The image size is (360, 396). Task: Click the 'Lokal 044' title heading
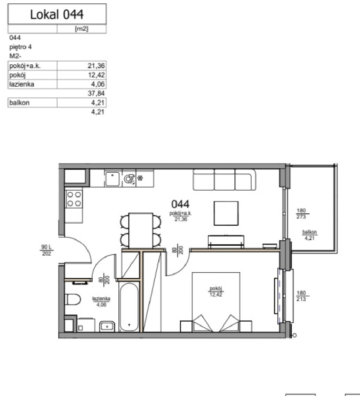57,14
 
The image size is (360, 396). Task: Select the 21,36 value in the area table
96,66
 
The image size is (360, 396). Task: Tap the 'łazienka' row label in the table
22,84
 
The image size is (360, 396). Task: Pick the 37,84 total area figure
96,94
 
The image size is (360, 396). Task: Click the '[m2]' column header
82,29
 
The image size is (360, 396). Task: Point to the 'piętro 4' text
20,47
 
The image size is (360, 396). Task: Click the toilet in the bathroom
73,300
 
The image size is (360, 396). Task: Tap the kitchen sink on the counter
113,178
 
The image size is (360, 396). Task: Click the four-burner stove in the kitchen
74,199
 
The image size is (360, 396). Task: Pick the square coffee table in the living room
226,213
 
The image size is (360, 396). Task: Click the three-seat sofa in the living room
224,179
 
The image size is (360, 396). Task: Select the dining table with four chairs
140,230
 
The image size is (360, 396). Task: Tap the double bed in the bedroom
216,302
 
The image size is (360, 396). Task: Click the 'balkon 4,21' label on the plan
309,235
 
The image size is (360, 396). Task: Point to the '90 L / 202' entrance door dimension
46,250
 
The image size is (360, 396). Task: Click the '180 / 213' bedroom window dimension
301,296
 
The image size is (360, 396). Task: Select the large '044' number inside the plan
180,204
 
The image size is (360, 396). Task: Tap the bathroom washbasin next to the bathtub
107,326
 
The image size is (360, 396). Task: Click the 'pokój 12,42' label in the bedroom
216,291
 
